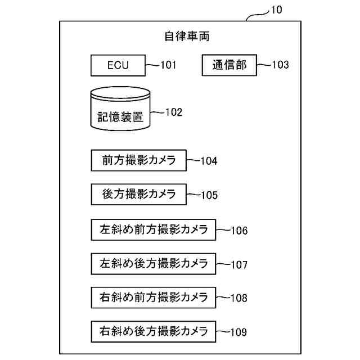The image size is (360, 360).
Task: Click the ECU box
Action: tap(118, 65)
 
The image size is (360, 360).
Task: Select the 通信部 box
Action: tap(229, 65)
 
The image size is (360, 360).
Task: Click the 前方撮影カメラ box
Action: tap(138, 160)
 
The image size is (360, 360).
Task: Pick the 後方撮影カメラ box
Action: tap(138, 195)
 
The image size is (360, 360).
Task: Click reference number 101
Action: tap(168, 65)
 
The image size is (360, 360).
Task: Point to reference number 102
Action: tap(173, 112)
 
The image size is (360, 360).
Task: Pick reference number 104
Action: tap(209, 161)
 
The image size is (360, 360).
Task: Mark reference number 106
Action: tap(238, 230)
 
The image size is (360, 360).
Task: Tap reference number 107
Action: tap(238, 264)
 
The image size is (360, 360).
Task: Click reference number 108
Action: tap(238, 298)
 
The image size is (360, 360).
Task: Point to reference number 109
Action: tap(238, 331)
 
